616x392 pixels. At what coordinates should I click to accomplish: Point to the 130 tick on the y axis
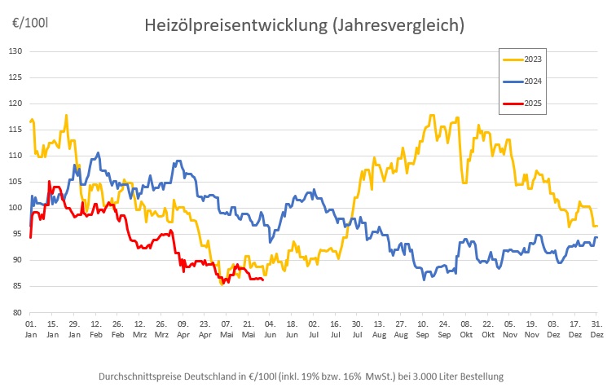15,51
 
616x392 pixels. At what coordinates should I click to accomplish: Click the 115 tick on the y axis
15,130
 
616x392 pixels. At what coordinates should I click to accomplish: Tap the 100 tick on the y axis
15,208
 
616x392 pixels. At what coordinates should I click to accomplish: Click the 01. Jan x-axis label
30,329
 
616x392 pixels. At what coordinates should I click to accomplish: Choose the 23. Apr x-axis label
205,329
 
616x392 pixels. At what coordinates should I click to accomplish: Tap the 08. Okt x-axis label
466,329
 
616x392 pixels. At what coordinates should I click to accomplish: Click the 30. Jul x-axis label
357,329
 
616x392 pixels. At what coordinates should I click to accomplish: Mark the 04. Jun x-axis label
270,329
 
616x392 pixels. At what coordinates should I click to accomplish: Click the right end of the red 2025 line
262,280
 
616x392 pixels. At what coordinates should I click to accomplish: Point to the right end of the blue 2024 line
596,237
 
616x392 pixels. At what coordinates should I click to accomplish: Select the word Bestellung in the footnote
480,377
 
